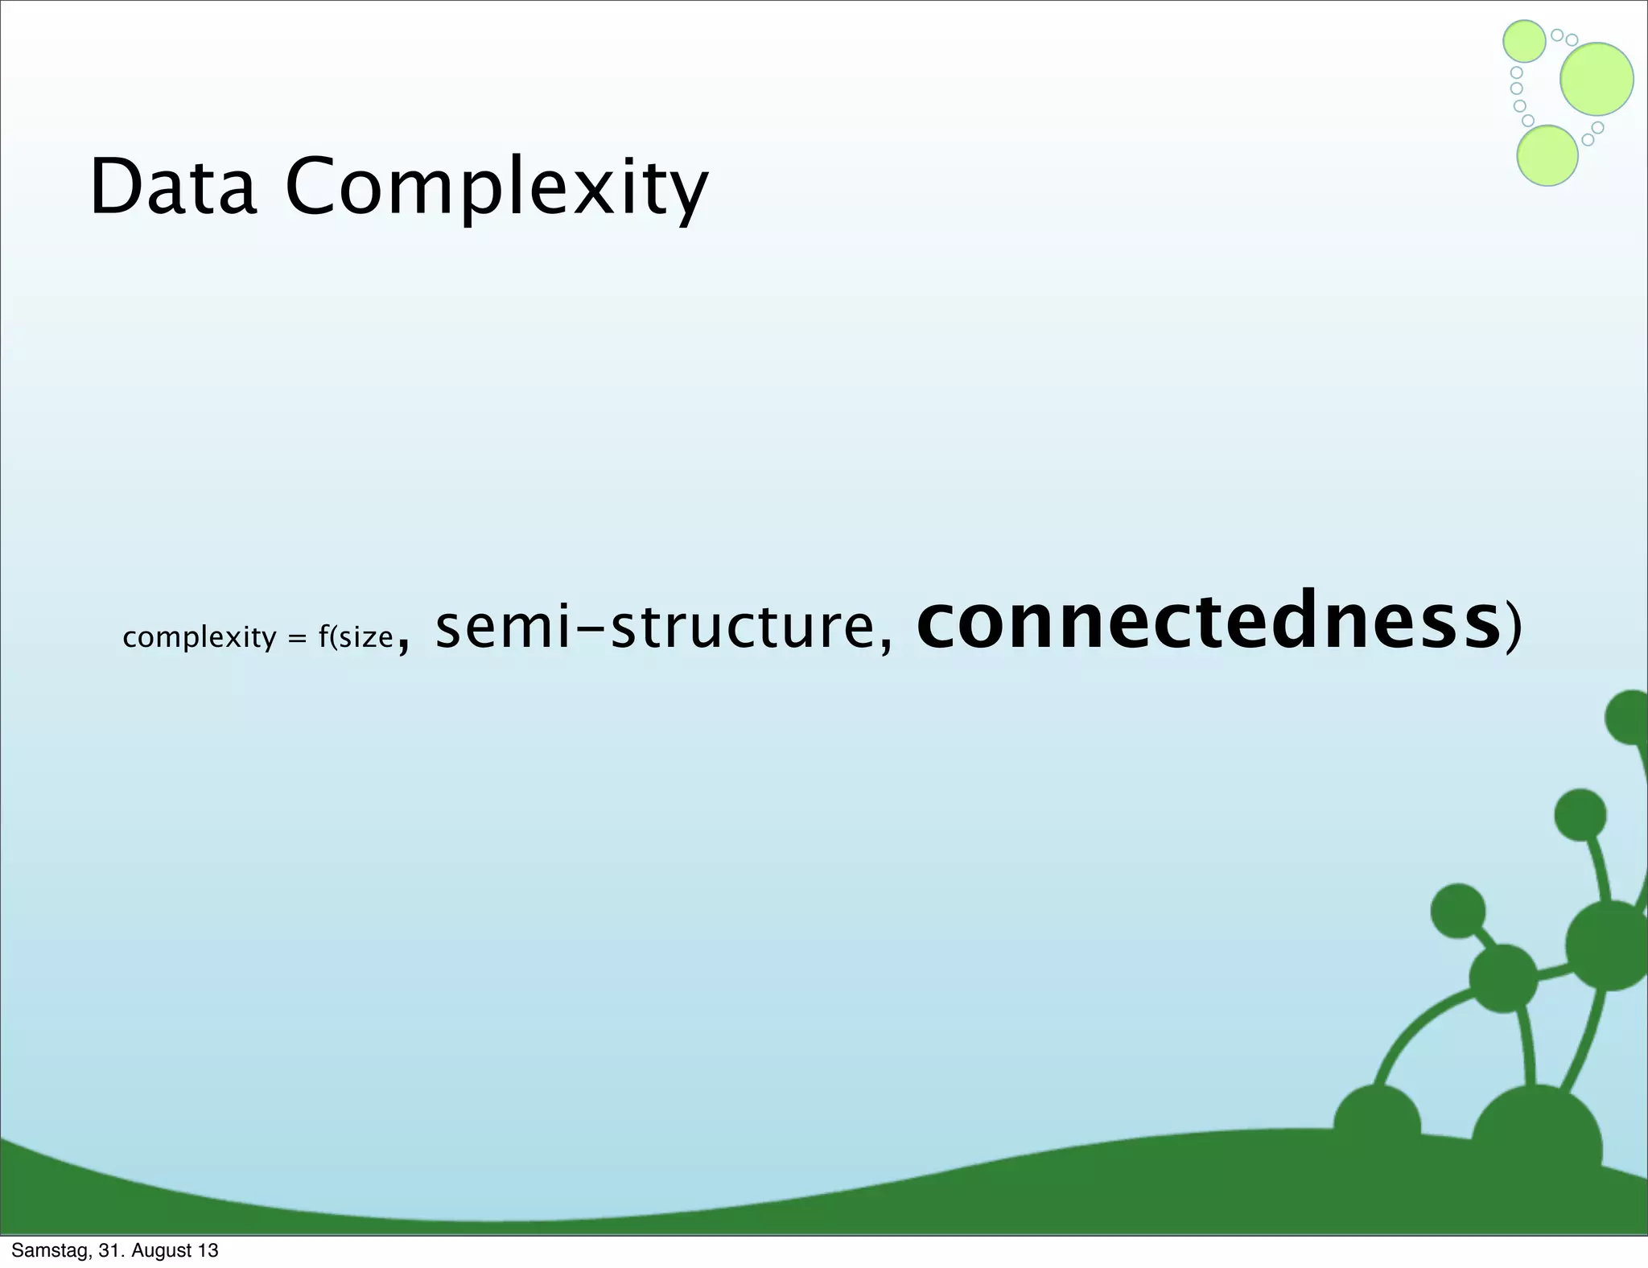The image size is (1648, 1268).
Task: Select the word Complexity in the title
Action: [496, 190]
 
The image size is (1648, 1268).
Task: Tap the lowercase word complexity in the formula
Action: [200, 638]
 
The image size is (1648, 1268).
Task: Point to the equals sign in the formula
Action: [297, 639]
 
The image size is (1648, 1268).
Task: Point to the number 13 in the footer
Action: [208, 1250]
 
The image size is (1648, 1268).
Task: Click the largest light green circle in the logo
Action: [1596, 79]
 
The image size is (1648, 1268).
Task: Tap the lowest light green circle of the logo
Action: [1547, 156]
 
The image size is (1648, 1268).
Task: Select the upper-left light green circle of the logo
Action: [1524, 41]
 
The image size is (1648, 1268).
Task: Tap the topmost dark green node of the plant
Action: [1629, 717]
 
